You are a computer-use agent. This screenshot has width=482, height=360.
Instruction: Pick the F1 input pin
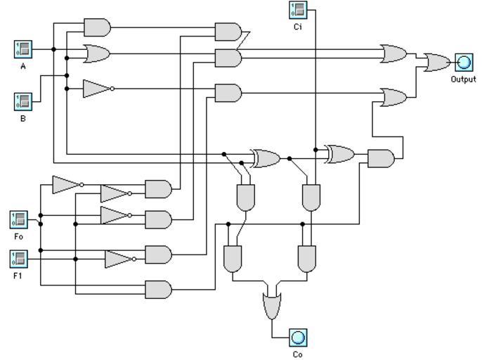pos(19,259)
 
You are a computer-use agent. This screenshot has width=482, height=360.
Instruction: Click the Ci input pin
pos(298,10)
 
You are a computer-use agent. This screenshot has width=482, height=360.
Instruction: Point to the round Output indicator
pos(463,63)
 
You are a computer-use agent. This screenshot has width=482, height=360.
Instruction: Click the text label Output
pos(463,79)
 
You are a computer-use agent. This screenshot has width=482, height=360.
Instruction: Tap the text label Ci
pos(298,27)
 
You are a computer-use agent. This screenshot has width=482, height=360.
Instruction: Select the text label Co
pos(298,354)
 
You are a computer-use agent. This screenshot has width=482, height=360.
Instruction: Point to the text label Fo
pos(19,237)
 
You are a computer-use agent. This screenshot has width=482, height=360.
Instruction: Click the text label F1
pos(19,276)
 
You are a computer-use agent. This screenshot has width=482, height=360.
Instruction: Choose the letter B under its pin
pos(23,118)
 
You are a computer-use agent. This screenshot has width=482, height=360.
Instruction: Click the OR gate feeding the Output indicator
pos(437,63)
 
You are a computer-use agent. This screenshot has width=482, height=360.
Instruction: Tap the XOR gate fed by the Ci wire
pos(339,154)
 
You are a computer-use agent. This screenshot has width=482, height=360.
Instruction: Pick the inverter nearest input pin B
pos(96,88)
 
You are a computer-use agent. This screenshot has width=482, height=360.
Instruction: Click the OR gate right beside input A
pos(96,53)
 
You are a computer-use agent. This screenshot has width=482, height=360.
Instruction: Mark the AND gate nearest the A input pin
pos(97,27)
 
